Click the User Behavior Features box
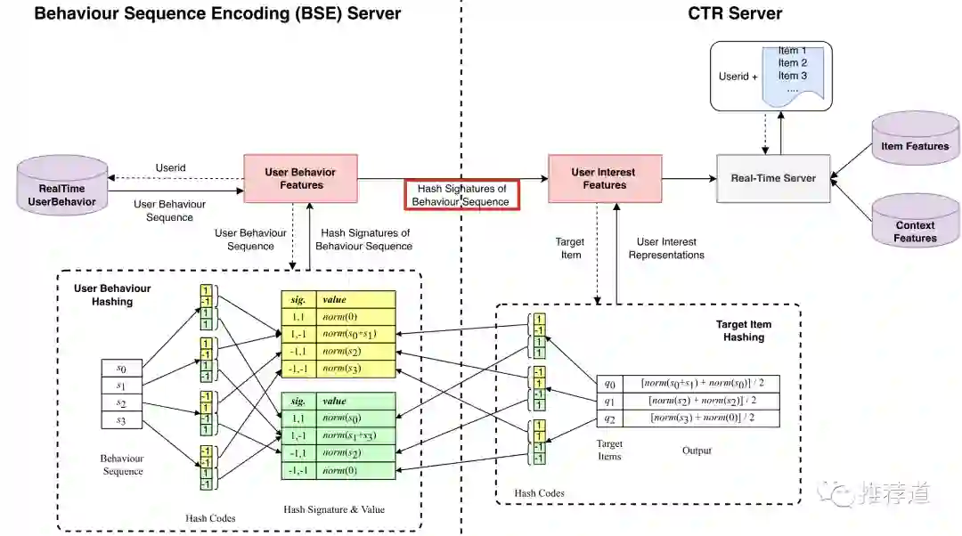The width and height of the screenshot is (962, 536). [x=301, y=178]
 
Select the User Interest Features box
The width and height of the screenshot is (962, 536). [x=605, y=178]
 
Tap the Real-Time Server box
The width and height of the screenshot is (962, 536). [x=773, y=178]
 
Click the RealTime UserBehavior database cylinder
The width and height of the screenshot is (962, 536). [x=62, y=190]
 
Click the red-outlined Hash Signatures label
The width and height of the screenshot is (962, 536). [x=461, y=195]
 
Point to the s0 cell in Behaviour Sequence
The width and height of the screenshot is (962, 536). [x=121, y=368]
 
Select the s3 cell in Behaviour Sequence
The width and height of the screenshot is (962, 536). [x=121, y=421]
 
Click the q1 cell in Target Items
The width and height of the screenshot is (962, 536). [x=610, y=401]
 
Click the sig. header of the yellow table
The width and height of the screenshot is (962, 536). [x=298, y=300]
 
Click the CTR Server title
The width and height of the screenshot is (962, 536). [x=734, y=13]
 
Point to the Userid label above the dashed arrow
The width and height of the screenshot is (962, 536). [x=170, y=167]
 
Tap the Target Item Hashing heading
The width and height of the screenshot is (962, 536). [x=744, y=331]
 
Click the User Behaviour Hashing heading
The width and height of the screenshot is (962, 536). [x=112, y=295]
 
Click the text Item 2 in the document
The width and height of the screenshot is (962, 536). [x=792, y=63]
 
